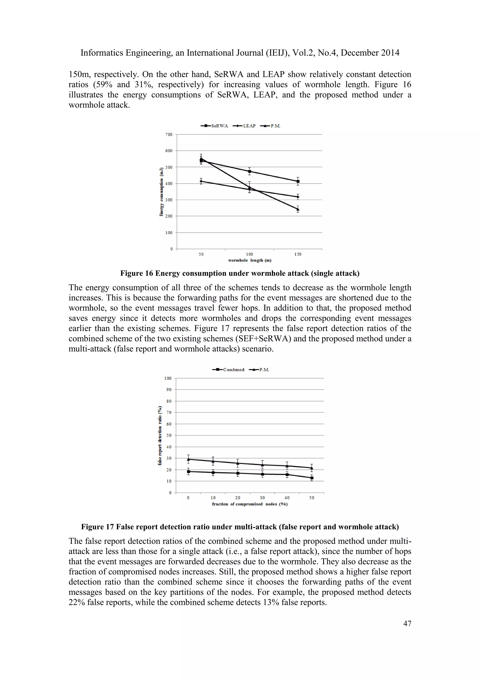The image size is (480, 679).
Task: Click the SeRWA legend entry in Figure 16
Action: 215,126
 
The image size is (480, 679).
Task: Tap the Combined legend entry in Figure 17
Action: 229,370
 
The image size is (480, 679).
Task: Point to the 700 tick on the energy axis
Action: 169,135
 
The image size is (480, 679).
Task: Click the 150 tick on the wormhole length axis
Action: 298,254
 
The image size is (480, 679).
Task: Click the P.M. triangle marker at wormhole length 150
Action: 298,209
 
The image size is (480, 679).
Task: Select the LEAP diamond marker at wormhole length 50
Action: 201,181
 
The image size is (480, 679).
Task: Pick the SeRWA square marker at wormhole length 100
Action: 249,171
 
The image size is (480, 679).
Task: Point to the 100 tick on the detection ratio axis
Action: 168,378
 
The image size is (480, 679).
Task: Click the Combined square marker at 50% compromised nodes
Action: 312,478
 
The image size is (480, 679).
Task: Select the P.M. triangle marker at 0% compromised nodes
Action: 188,459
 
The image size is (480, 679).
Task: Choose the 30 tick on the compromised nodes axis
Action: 262,498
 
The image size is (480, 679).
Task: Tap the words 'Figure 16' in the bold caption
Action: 137,273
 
